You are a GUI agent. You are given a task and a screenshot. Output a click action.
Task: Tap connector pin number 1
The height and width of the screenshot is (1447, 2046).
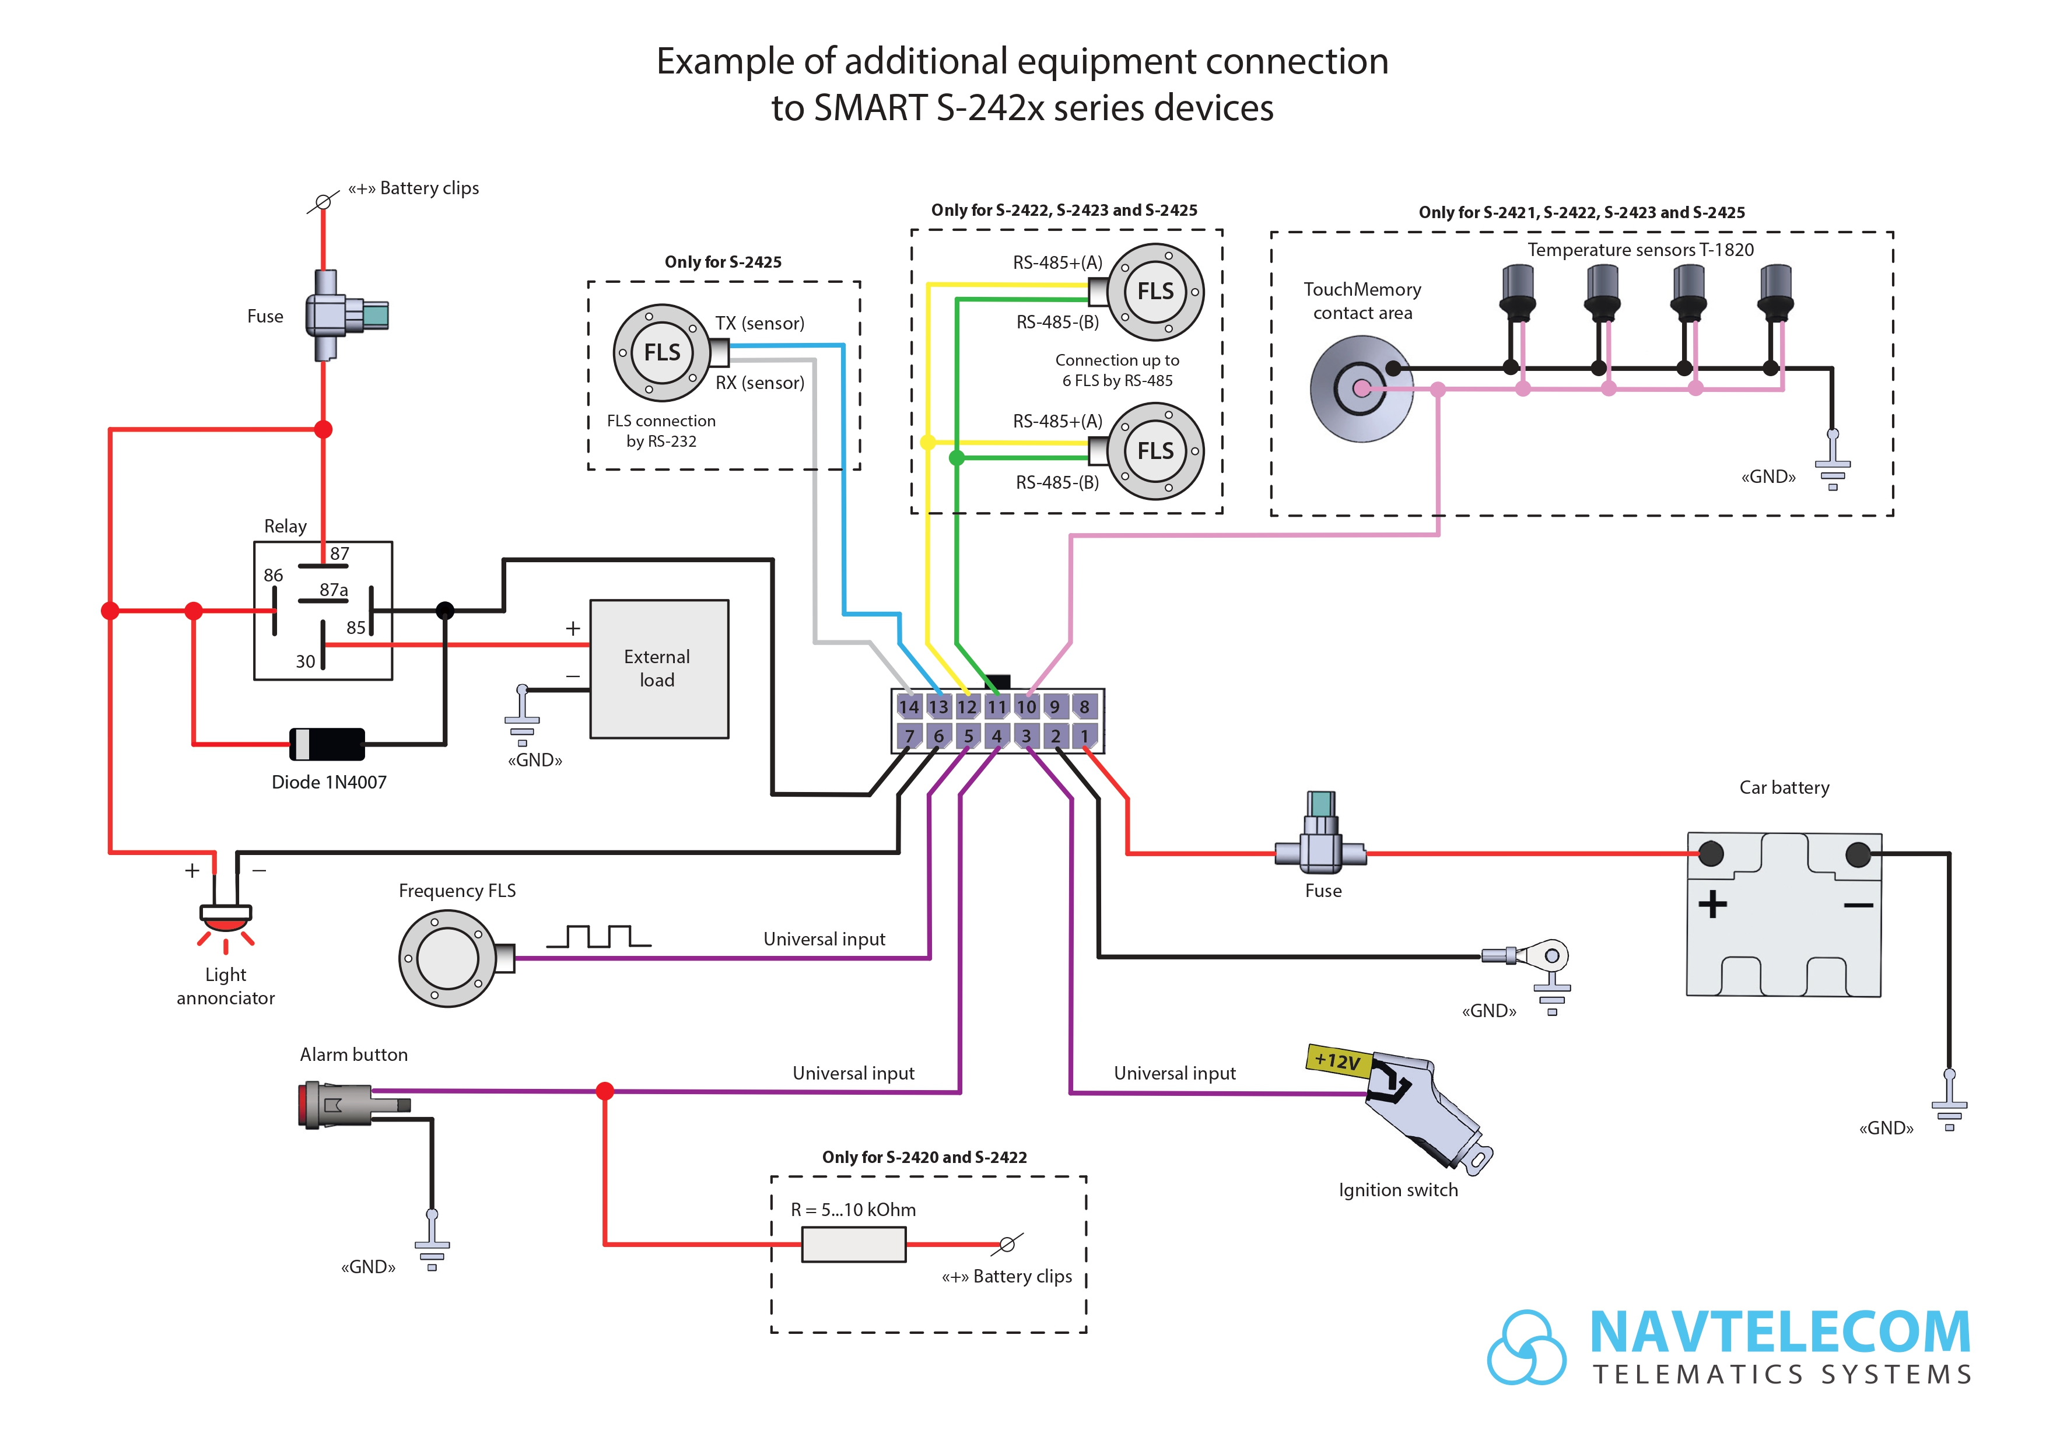pos(1084,736)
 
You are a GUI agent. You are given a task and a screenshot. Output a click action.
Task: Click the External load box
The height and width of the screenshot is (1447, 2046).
pos(658,668)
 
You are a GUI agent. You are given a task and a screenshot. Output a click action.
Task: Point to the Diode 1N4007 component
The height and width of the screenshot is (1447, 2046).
pos(327,744)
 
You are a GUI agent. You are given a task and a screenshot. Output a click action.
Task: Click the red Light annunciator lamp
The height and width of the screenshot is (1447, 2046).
pos(226,919)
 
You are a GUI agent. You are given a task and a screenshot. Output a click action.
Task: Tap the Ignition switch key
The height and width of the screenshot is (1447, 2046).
pos(1426,1109)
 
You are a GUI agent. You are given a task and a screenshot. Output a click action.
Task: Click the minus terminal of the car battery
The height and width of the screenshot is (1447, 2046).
pos(1858,854)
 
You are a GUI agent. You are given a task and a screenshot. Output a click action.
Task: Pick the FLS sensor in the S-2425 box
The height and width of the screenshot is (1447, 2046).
pos(661,353)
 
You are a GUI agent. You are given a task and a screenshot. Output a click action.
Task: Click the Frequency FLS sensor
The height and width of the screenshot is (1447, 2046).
pos(447,959)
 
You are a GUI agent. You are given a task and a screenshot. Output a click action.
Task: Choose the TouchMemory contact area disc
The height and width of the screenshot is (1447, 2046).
pos(1361,388)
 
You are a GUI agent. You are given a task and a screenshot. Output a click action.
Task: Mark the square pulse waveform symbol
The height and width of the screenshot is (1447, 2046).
pos(598,937)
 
